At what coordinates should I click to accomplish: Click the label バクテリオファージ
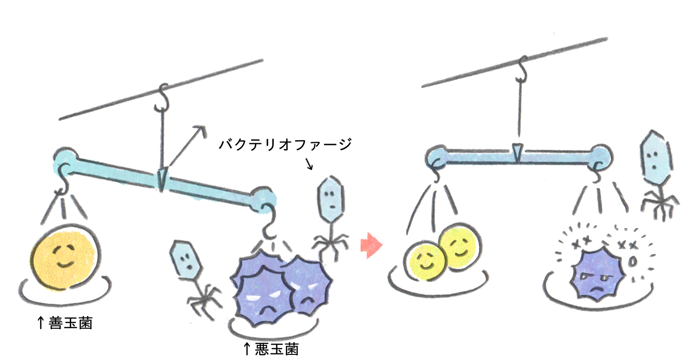(x=285, y=144)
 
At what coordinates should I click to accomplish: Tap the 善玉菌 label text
(x=71, y=322)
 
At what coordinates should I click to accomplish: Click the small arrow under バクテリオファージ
(x=310, y=164)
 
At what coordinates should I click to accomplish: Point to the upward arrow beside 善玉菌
(x=41, y=322)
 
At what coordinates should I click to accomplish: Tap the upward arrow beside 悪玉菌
(x=247, y=349)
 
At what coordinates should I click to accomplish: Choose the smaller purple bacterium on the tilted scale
(x=308, y=285)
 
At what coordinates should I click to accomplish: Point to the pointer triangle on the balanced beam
(x=516, y=152)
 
